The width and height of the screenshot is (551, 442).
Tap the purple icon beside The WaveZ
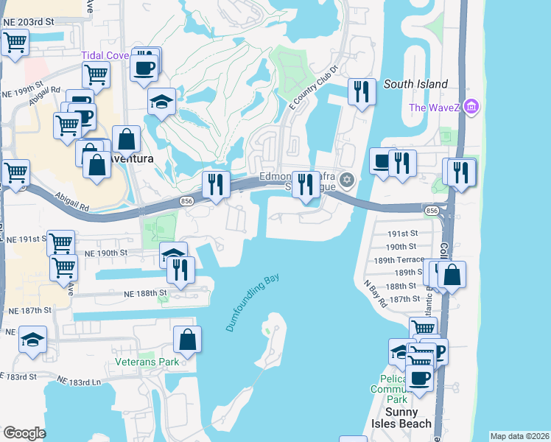point(472,108)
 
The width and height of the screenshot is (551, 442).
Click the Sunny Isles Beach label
point(401,418)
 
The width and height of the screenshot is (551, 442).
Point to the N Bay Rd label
point(375,292)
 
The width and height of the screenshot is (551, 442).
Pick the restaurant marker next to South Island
point(361,91)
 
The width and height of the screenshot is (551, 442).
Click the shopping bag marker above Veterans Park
point(188,339)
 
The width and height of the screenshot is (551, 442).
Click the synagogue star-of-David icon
point(349,180)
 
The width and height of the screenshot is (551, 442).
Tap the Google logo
point(25,433)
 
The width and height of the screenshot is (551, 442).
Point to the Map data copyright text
point(520,436)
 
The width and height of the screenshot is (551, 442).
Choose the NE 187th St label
point(26,311)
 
